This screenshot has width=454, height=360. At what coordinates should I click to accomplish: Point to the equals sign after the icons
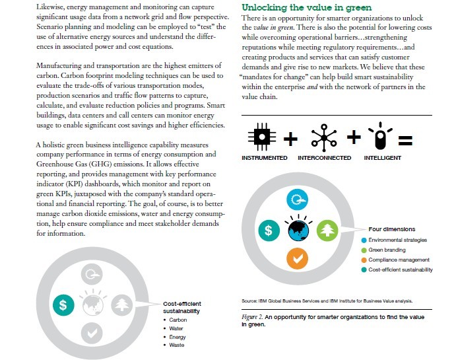[x=405, y=139]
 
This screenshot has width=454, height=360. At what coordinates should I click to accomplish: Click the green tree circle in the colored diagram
[x=327, y=231]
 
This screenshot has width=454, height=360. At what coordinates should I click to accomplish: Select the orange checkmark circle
[x=298, y=260]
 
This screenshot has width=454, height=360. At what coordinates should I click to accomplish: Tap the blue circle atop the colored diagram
[x=298, y=201]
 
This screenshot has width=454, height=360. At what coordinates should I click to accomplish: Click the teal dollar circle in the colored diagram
[x=268, y=231]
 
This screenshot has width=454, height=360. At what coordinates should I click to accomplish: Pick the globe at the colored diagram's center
[x=298, y=231]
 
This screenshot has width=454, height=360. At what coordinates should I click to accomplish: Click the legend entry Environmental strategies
[x=397, y=239]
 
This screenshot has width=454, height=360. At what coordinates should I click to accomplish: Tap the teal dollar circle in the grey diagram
[x=63, y=305]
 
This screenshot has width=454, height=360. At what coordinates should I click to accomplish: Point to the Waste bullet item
[x=177, y=345]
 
